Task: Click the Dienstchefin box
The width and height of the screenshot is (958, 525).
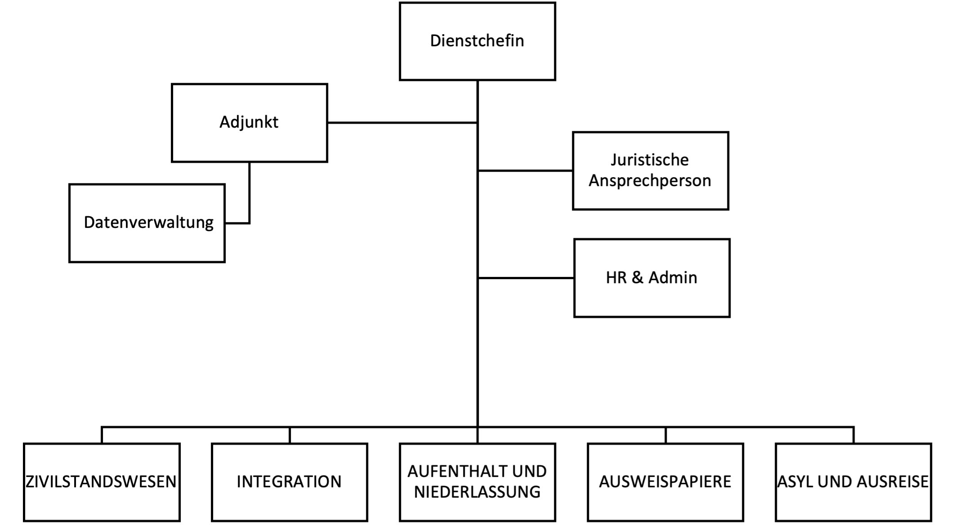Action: tap(477, 41)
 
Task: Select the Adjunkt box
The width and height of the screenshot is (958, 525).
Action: tap(250, 123)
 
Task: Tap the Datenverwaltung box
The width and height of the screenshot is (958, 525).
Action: tap(147, 223)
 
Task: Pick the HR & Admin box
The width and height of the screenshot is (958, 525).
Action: tap(652, 278)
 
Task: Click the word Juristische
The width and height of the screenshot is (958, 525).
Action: tap(650, 160)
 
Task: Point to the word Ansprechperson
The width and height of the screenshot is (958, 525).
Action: tap(650, 181)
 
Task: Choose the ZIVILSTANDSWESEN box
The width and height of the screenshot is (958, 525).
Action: tap(102, 482)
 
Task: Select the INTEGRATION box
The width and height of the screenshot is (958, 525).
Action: tap(290, 482)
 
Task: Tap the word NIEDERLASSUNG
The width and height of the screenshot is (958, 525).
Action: tap(477, 492)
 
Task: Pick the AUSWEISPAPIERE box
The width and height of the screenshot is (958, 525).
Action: tap(665, 482)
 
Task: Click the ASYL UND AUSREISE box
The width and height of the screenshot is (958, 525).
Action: tap(853, 482)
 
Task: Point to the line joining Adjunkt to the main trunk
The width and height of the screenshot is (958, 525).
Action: tap(402, 122)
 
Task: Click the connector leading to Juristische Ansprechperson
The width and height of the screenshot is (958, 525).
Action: tap(525, 171)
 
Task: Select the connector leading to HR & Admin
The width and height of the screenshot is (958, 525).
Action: tap(526, 278)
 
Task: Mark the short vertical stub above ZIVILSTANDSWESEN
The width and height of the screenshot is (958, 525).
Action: tap(102, 435)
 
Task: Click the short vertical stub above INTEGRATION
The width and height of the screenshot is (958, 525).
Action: tap(290, 435)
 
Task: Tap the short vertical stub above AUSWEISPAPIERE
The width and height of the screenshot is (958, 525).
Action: tap(666, 435)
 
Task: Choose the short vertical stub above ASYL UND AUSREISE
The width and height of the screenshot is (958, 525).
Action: tap(853, 435)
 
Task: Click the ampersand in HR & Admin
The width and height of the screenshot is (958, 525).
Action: tap(637, 278)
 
